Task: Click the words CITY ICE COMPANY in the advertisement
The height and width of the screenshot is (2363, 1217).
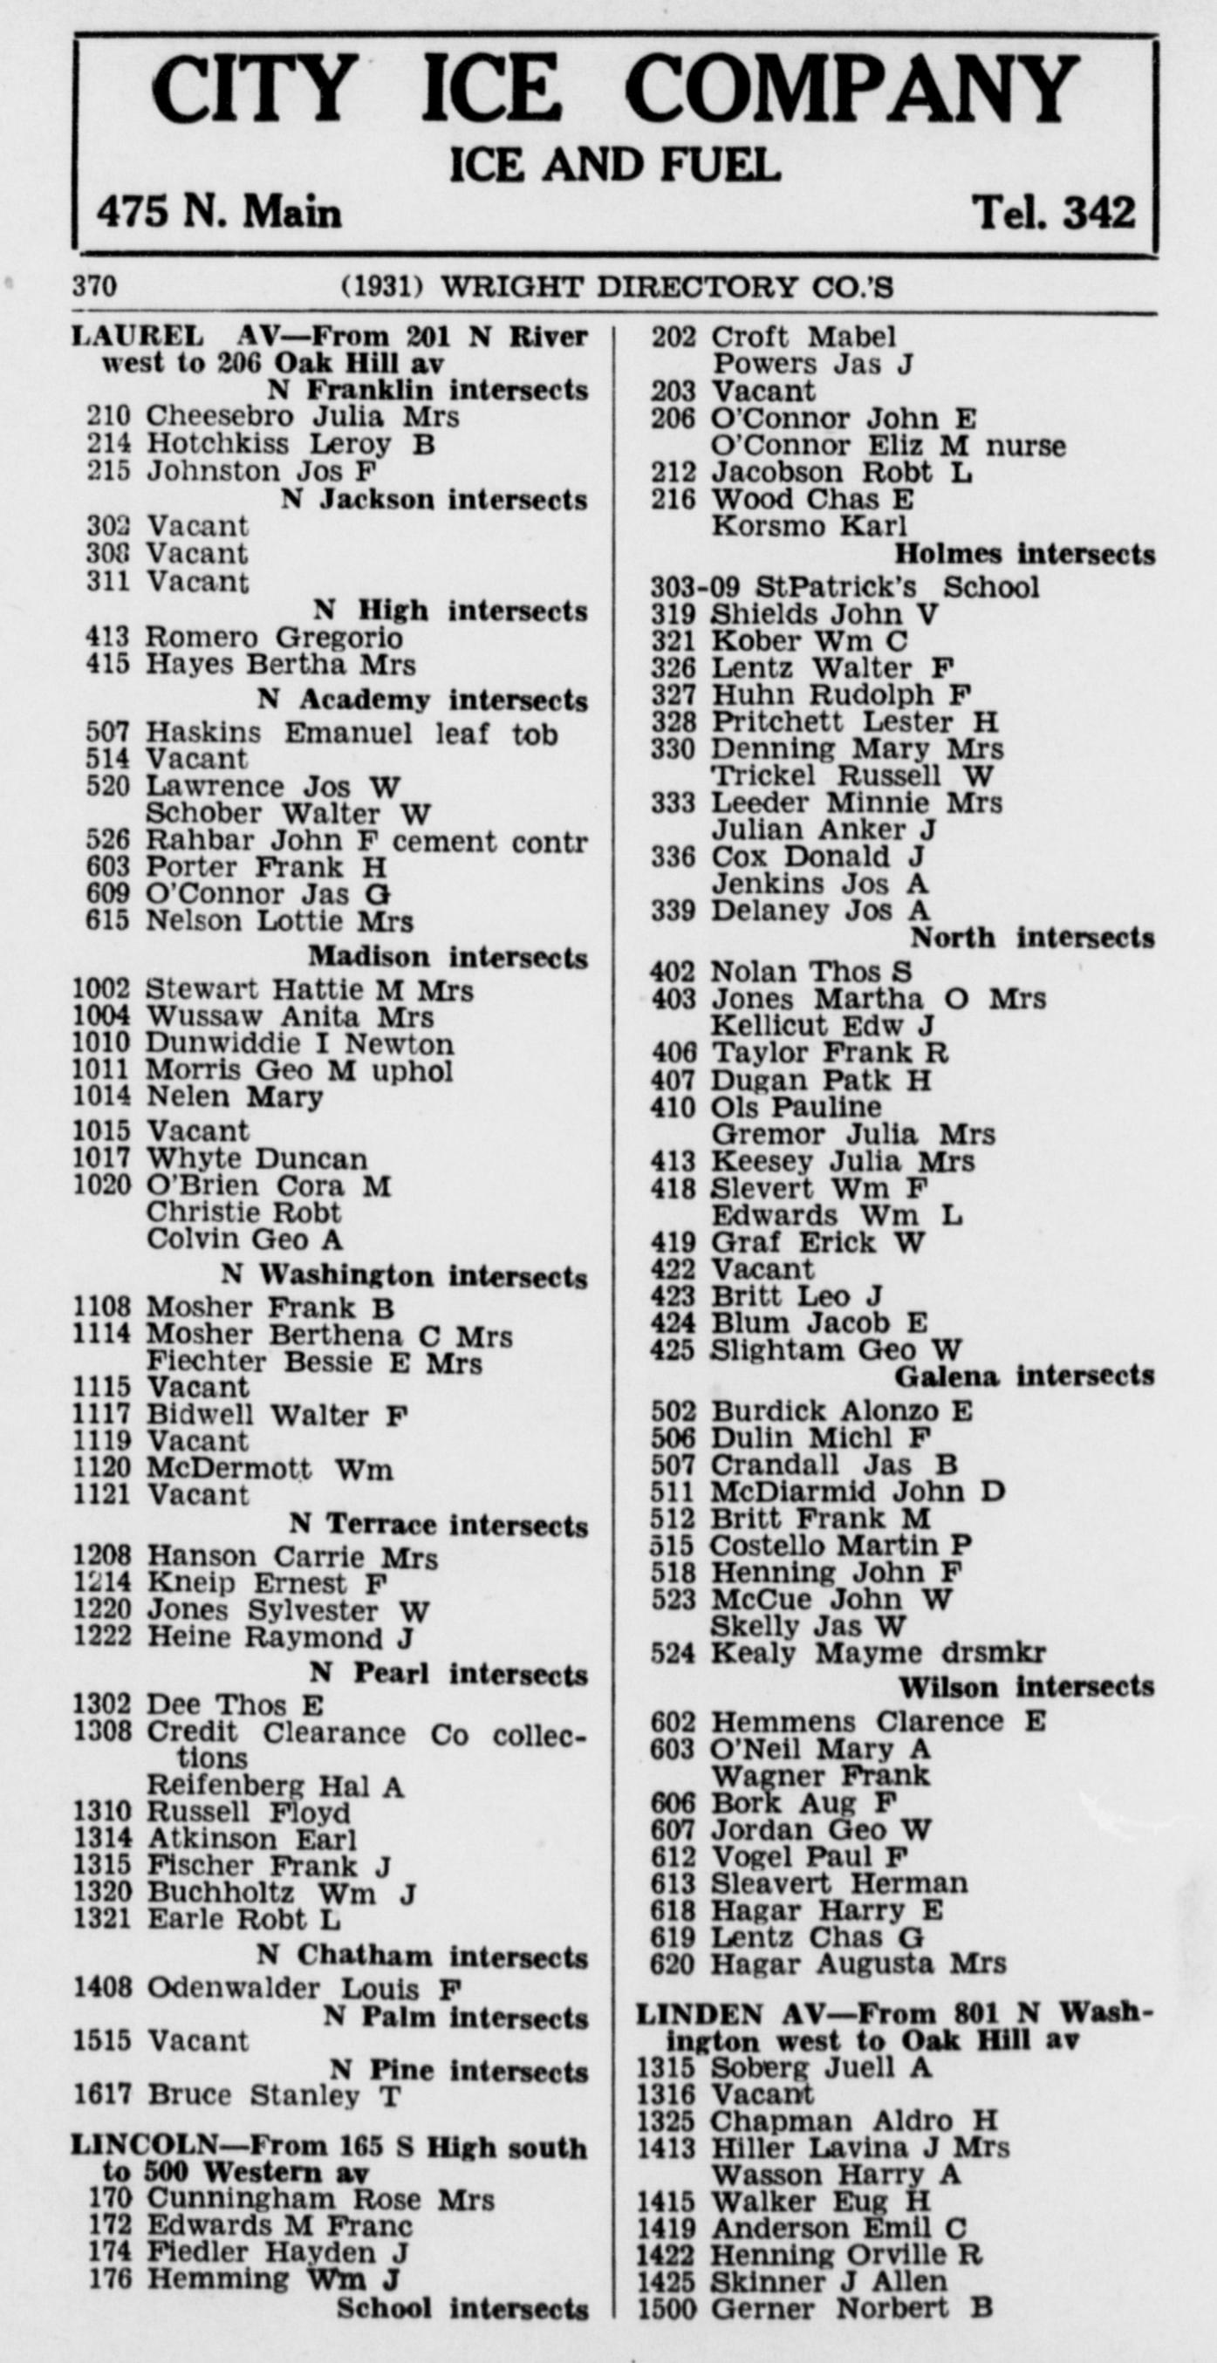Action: pos(614,89)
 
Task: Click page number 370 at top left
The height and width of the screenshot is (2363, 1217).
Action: pos(94,287)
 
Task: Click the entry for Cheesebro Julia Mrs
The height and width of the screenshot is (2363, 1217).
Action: pos(303,416)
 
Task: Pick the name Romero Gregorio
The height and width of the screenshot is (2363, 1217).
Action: pos(274,636)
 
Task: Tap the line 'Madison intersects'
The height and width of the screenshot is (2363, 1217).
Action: pos(448,957)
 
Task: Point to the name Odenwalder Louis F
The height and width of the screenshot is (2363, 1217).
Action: pos(304,1988)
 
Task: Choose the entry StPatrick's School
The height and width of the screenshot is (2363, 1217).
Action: pos(875,586)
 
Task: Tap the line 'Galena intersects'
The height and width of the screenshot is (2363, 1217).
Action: pos(1024,1376)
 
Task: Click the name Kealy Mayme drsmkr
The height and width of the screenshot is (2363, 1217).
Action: pos(878,1653)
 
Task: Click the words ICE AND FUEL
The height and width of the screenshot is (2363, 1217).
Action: pos(614,165)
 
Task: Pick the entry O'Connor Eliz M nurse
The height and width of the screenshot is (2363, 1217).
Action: pos(888,446)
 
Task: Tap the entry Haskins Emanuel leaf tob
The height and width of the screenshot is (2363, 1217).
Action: pos(352,733)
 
